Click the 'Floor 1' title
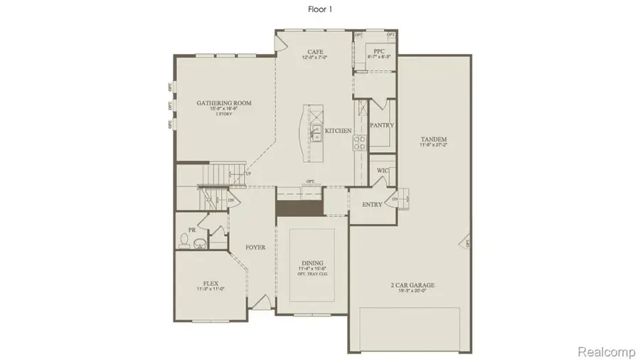pos(319,9)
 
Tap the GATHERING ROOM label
pos(224,103)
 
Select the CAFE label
pos(315,52)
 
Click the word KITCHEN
pos(338,132)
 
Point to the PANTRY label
pos(382,125)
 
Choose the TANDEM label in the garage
pos(432,139)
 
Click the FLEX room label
pos(210,282)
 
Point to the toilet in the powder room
pos(183,243)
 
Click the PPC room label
pos(379,52)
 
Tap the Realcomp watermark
pos(604,351)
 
